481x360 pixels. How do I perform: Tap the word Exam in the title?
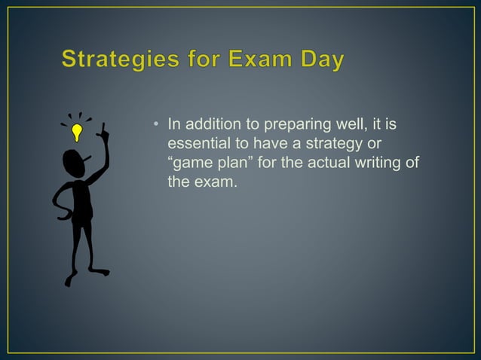pyautogui.click(x=262, y=60)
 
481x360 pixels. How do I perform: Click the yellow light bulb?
pyautogui.click(x=76, y=133)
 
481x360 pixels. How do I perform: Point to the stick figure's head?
pyautogui.click(x=73, y=161)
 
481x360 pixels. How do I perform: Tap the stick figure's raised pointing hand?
pyautogui.click(x=103, y=133)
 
